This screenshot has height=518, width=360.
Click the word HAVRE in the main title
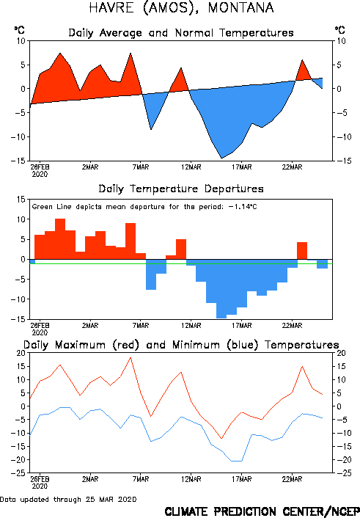point(111,7)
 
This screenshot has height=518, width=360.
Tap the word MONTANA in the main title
point(240,7)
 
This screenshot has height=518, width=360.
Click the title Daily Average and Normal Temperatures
point(181,33)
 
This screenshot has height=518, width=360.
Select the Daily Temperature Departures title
point(181,189)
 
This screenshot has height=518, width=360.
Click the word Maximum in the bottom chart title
point(80,345)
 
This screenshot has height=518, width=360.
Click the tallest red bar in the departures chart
point(60,239)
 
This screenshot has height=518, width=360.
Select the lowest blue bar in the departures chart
point(221,289)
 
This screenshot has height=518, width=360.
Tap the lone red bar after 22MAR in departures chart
point(302,251)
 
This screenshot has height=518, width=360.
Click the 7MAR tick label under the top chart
point(141,167)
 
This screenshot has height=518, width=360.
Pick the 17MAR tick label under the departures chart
point(241,326)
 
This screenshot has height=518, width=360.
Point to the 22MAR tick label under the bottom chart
point(292,479)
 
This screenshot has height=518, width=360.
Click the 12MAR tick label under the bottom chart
point(191,479)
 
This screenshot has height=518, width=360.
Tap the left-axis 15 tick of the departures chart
point(21,200)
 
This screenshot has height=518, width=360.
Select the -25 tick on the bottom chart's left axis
point(18,473)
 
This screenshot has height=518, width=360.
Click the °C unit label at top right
point(340,30)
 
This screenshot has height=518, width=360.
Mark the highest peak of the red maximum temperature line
point(131,358)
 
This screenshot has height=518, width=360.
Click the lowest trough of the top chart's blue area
point(221,158)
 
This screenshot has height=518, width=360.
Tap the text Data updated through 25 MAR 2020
point(68,500)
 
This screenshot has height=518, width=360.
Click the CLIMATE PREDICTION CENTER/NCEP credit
point(262,511)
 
